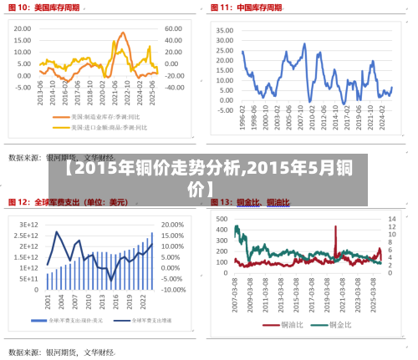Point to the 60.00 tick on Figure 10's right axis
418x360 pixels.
pos(173,28)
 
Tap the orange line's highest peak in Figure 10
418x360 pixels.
pos(123,33)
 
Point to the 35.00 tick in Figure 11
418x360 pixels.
pos(223,29)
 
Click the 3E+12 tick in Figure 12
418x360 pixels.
pos(29,225)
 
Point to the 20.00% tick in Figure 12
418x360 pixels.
pos(172,225)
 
